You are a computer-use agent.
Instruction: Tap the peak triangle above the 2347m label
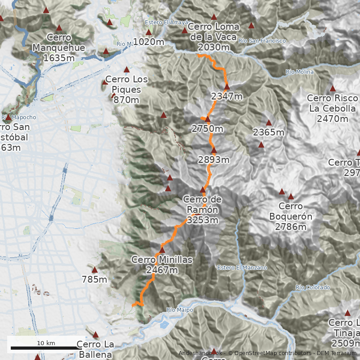[x=227, y=86]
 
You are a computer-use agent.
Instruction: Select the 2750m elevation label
[x=207, y=129]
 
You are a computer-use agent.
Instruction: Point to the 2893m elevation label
[x=214, y=160]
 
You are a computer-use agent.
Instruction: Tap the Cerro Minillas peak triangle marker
[x=162, y=250]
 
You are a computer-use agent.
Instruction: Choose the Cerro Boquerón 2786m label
[x=290, y=217]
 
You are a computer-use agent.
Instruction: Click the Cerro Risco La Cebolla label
[x=333, y=108]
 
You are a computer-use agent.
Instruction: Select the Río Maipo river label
[x=180, y=310]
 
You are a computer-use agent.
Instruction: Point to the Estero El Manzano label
[x=242, y=268]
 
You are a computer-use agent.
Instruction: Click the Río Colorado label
[x=313, y=287]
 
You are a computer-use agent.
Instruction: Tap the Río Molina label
[x=299, y=72]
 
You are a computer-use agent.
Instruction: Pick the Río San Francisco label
[x=262, y=41]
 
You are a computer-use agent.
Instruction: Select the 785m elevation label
[x=94, y=280]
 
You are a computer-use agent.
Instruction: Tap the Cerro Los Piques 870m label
[x=126, y=90]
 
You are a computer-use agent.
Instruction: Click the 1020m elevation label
[x=148, y=42]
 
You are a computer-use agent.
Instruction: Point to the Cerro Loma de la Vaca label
[x=214, y=36]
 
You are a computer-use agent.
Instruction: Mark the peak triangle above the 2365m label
[x=269, y=123]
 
